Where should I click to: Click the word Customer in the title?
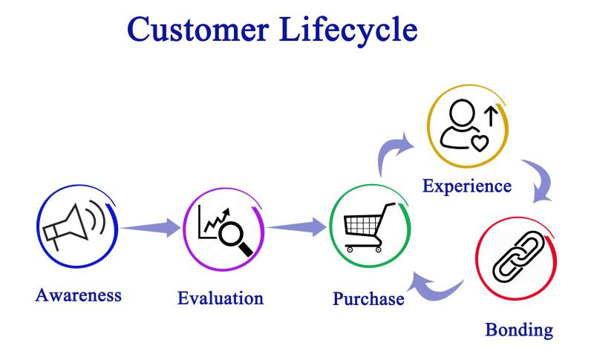click(x=198, y=29)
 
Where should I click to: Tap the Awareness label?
click(x=78, y=295)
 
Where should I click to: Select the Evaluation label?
click(x=220, y=298)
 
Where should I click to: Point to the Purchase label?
click(x=368, y=299)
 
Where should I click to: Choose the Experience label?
click(x=466, y=185)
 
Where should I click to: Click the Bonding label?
click(x=519, y=329)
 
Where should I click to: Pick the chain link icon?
click(x=515, y=257)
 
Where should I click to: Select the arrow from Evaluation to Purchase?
click(x=297, y=226)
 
